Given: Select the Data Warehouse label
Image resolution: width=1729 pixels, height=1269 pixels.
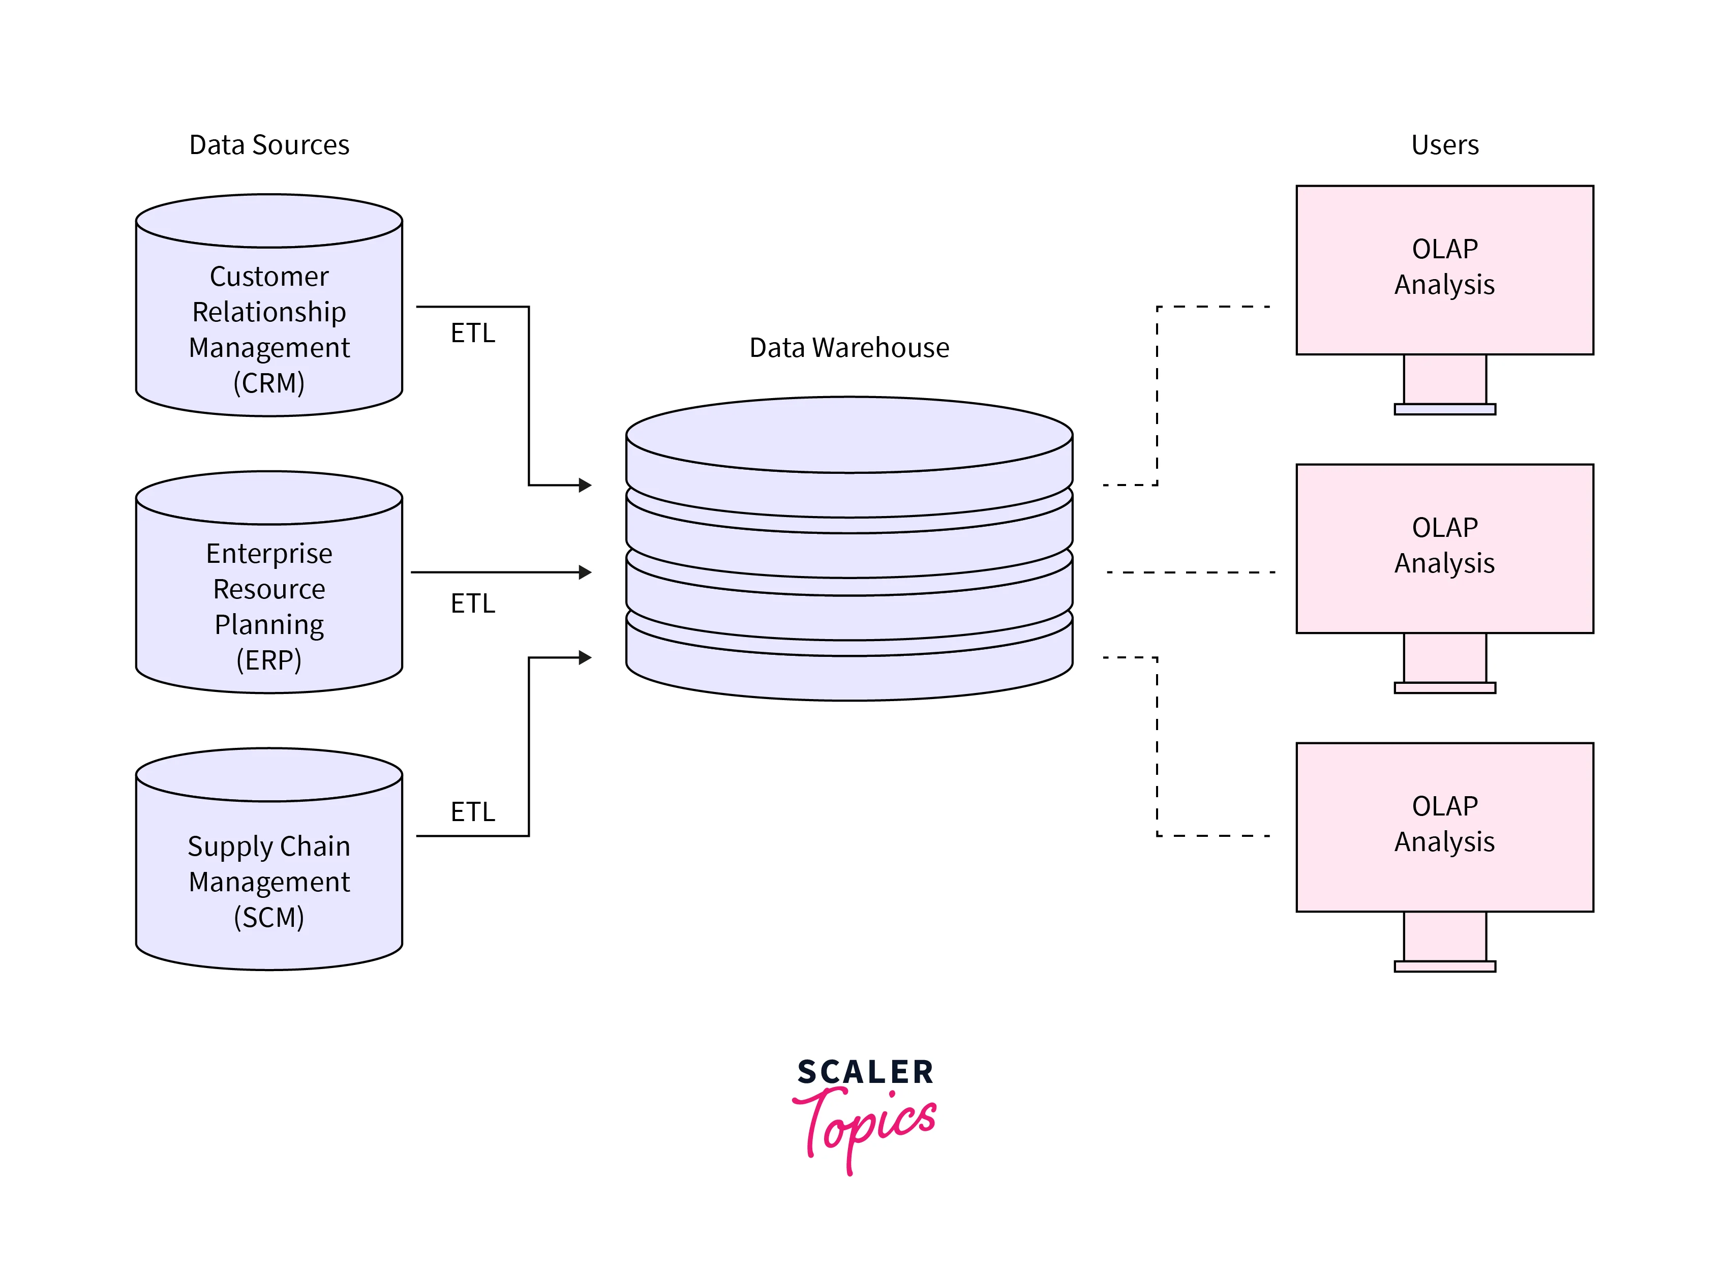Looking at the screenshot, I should pyautogui.click(x=849, y=348).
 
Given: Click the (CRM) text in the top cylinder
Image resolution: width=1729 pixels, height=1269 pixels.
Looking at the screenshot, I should pyautogui.click(x=269, y=382).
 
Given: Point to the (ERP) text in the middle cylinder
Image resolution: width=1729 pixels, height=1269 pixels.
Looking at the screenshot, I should pyautogui.click(x=269, y=660).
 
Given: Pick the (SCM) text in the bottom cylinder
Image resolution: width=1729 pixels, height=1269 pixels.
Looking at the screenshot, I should pyautogui.click(x=269, y=917).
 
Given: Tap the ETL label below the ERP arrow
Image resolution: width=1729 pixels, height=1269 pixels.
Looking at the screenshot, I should pyautogui.click(x=472, y=604).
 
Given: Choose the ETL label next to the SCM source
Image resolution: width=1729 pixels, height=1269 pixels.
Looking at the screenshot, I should pyautogui.click(x=472, y=812).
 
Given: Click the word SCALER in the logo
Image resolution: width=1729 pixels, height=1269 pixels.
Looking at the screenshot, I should pyautogui.click(x=865, y=1072).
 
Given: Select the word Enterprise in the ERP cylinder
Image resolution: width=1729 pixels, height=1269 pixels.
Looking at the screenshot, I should pyautogui.click(x=269, y=554).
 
